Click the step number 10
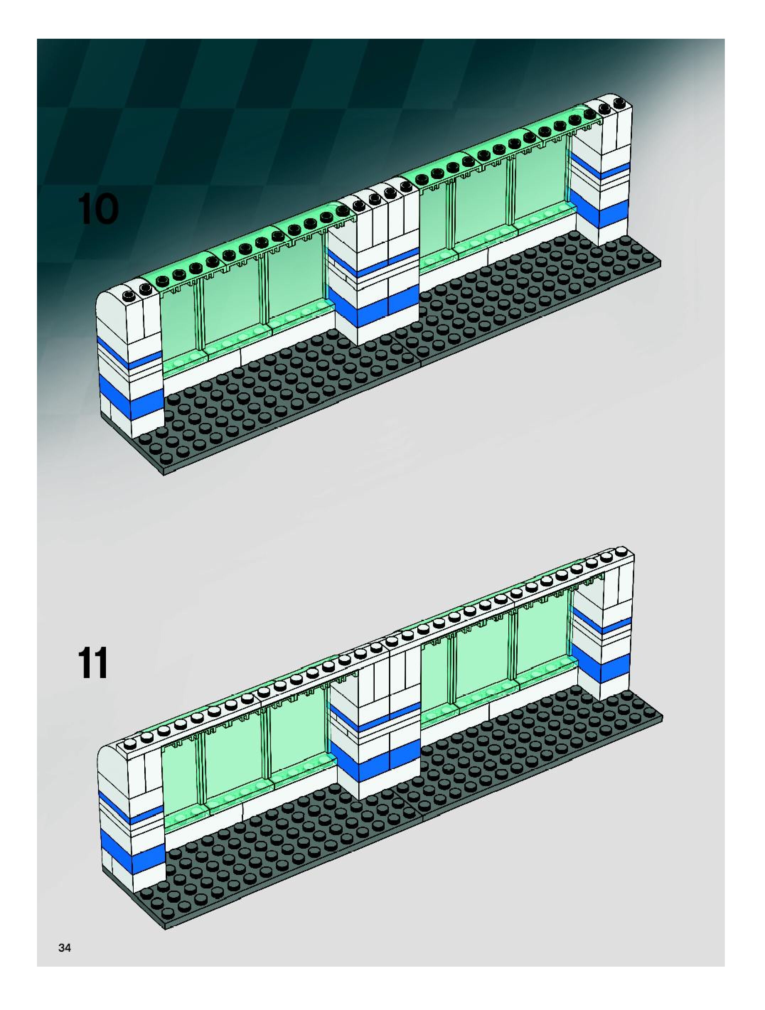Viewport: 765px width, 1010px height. point(98,209)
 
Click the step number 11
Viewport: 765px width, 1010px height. point(93,664)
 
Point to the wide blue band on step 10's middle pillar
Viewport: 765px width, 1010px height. point(373,305)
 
